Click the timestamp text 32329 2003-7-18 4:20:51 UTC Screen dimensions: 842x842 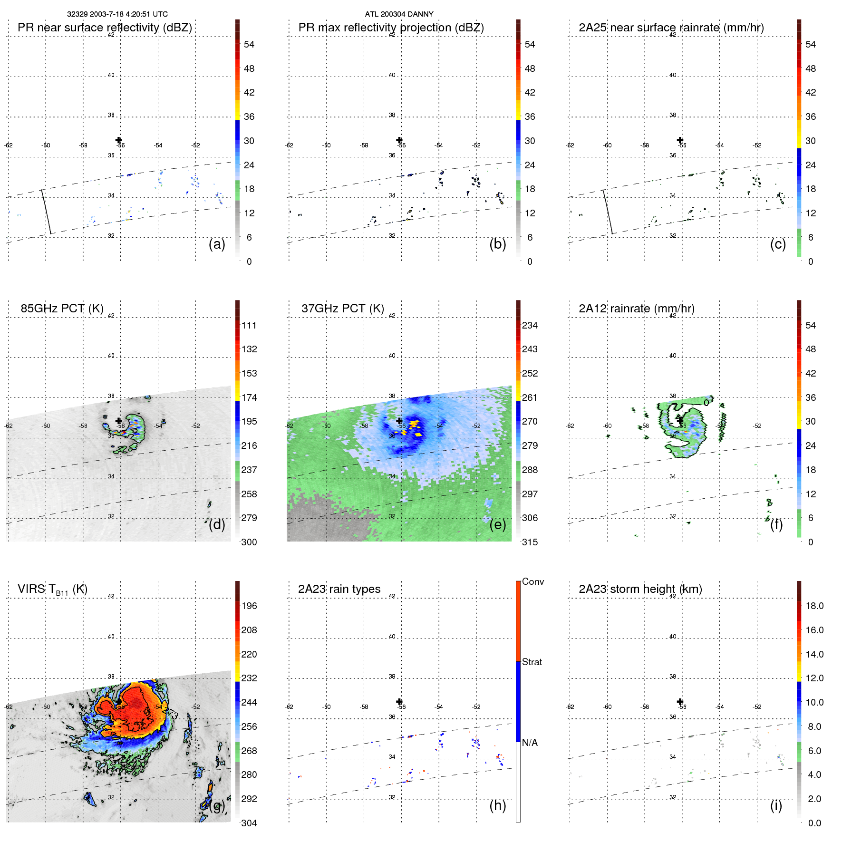pyautogui.click(x=117, y=14)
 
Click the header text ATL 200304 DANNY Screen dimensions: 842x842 pyautogui.click(x=399, y=14)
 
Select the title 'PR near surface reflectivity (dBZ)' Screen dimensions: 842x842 pyautogui.click(x=105, y=28)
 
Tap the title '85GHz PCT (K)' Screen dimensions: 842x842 pyautogui.click(x=62, y=308)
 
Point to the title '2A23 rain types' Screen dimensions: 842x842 pyautogui.click(x=339, y=589)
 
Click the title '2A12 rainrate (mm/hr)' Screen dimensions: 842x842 pyautogui.click(x=637, y=308)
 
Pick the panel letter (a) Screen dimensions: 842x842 pyautogui.click(x=217, y=244)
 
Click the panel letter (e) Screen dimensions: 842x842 pyautogui.click(x=497, y=524)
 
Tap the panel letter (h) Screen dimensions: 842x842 pyautogui.click(x=497, y=805)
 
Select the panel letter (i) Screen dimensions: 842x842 pyautogui.click(x=776, y=805)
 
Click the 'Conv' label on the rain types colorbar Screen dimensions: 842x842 pyautogui.click(x=532, y=582)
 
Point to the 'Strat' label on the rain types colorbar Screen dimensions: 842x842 pyautogui.click(x=532, y=662)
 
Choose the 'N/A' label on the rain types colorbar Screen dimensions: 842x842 pyautogui.click(x=530, y=743)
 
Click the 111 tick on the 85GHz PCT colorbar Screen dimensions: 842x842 pyautogui.click(x=249, y=326)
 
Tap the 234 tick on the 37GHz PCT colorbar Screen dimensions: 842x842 pyautogui.click(x=530, y=326)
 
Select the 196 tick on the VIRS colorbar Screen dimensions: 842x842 pyautogui.click(x=249, y=606)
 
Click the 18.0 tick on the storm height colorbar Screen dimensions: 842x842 pyautogui.click(x=814, y=606)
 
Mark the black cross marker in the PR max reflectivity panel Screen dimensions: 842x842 pyautogui.click(x=399, y=140)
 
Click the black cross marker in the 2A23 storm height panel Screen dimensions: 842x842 pyautogui.click(x=680, y=701)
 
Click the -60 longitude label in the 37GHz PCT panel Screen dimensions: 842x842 pyautogui.click(x=327, y=426)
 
